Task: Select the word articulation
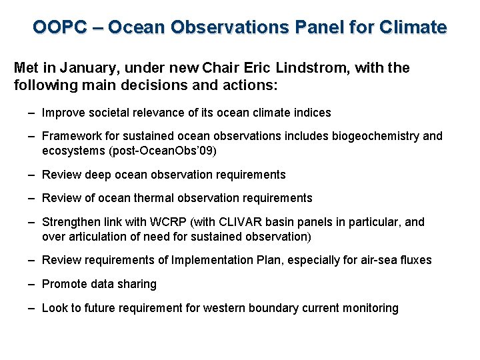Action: coord(98,237)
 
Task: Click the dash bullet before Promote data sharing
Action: coord(32,284)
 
